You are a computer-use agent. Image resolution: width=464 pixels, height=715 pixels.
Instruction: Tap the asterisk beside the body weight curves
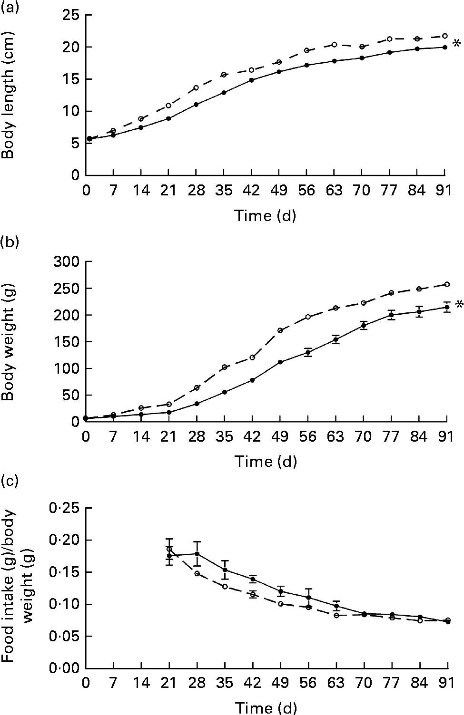(x=458, y=305)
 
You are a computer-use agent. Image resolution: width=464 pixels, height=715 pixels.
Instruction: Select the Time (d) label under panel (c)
(x=265, y=707)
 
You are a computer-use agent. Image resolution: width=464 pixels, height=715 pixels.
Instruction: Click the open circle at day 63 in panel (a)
(x=335, y=45)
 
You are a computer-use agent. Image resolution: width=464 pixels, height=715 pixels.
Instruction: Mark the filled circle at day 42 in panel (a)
(x=251, y=80)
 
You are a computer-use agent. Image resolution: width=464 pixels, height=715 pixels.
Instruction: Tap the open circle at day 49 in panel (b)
(x=280, y=330)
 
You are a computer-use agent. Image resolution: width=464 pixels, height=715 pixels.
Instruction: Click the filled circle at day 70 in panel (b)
(x=364, y=325)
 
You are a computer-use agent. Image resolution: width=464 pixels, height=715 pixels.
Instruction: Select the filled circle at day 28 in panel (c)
(x=197, y=554)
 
